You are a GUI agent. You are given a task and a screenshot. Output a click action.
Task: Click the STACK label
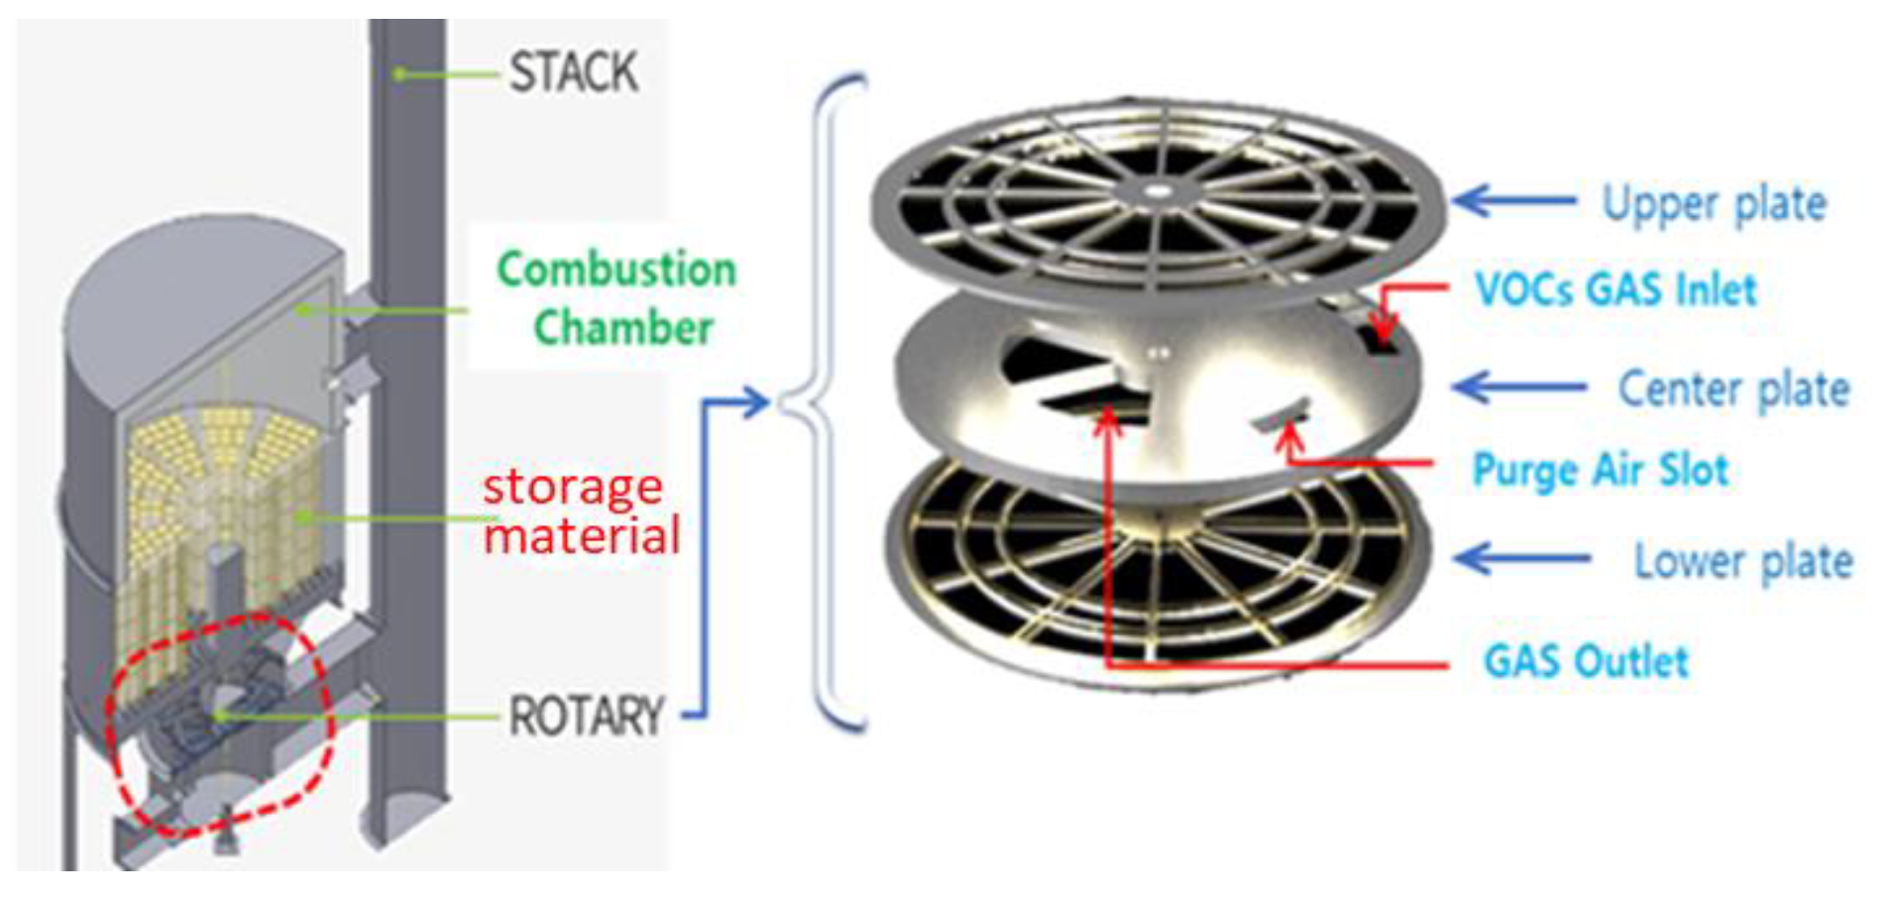pos(573,73)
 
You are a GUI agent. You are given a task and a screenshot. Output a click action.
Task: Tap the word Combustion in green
pos(616,270)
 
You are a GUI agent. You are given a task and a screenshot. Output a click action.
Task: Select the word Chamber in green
pos(623,328)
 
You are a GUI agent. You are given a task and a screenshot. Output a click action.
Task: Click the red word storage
pos(572,488)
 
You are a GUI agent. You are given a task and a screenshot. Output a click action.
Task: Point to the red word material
pos(582,536)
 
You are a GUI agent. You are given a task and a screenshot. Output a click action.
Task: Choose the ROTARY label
pos(586,716)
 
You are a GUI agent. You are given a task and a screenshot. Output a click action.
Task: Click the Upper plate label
pos(1714,205)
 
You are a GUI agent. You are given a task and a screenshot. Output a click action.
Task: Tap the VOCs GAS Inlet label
pos(1615,289)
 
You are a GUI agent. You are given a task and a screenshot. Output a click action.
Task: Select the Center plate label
pos(1733,389)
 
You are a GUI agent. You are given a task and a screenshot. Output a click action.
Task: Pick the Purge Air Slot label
pos(1601,470)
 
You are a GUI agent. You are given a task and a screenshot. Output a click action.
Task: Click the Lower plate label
pos(1743,561)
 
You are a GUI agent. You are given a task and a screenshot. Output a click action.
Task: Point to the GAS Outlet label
pos(1586,661)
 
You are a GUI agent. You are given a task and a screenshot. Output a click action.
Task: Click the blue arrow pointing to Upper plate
pos(1512,200)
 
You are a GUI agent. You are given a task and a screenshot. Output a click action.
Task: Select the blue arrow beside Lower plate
pos(1520,558)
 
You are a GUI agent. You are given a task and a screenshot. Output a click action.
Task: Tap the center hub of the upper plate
pos(1158,190)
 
